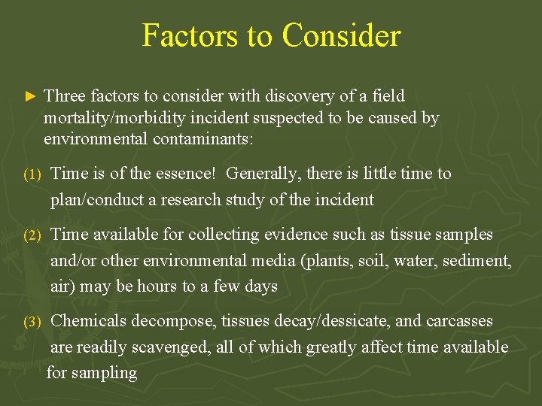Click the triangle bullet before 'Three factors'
click(30, 97)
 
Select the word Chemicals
click(88, 321)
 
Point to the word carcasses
click(459, 321)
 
